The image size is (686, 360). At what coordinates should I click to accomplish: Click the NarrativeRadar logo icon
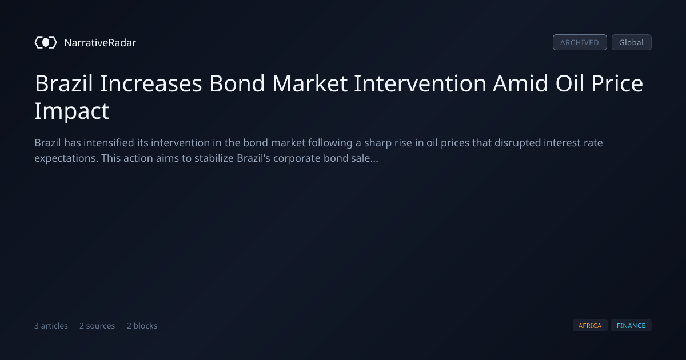pos(46,42)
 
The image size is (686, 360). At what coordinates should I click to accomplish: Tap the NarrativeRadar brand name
pos(100,43)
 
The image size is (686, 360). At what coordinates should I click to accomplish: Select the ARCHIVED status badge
pos(580,42)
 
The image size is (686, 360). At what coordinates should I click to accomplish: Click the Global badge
pos(632,42)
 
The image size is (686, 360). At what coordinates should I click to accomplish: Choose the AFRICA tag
pos(590,326)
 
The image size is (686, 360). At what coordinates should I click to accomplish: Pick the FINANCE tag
pos(631,326)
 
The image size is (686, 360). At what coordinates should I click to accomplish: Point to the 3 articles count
pos(51,326)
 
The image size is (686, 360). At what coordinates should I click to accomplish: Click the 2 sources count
pos(97,326)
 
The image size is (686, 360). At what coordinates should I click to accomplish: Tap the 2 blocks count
pos(142,326)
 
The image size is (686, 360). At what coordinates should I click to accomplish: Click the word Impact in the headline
pos(71,111)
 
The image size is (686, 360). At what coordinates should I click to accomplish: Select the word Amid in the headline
pos(520,83)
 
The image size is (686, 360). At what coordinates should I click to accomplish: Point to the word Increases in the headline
pos(151,83)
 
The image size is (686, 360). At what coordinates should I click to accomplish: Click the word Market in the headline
pos(310,83)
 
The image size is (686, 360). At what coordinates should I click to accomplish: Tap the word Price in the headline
pos(617,83)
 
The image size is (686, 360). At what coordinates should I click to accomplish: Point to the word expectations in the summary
pos(66,159)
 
